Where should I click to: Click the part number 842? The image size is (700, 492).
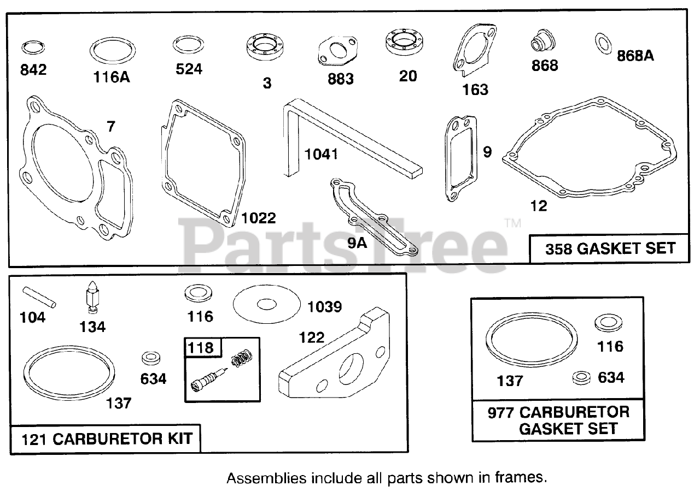33,69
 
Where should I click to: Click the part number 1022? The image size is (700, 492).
259,218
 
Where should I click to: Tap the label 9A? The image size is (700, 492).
357,242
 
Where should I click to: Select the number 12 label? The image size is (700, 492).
538,206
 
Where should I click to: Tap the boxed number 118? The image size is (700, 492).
202,347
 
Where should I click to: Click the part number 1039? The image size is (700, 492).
324,307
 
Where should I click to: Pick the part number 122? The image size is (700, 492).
311,337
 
